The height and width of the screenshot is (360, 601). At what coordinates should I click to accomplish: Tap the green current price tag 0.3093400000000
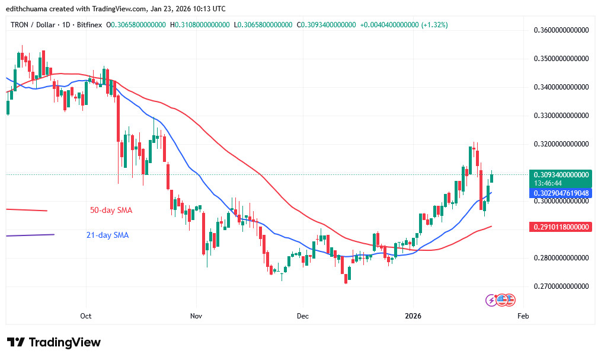coord(561,175)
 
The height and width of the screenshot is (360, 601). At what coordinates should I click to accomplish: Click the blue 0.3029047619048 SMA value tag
coord(561,193)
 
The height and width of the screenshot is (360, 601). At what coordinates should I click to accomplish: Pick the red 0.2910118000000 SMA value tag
coord(561,227)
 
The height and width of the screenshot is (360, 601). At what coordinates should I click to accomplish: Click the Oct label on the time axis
coord(86,316)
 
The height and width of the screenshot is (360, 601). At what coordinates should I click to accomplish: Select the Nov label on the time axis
coord(196,316)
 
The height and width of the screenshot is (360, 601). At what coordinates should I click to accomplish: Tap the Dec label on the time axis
coord(302,316)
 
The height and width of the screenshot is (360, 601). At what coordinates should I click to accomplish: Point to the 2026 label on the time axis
coord(413,316)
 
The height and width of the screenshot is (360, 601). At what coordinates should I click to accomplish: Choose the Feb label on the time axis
coord(523,316)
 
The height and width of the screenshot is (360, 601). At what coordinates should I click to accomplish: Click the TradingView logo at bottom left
coord(54,343)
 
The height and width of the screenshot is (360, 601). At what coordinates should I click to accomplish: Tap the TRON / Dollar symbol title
coord(33,25)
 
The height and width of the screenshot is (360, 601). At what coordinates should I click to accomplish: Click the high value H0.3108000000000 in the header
coord(200,25)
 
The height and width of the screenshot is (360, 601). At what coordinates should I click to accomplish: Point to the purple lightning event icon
coord(491,300)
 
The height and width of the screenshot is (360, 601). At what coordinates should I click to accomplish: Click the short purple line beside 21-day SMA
coord(30,235)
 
